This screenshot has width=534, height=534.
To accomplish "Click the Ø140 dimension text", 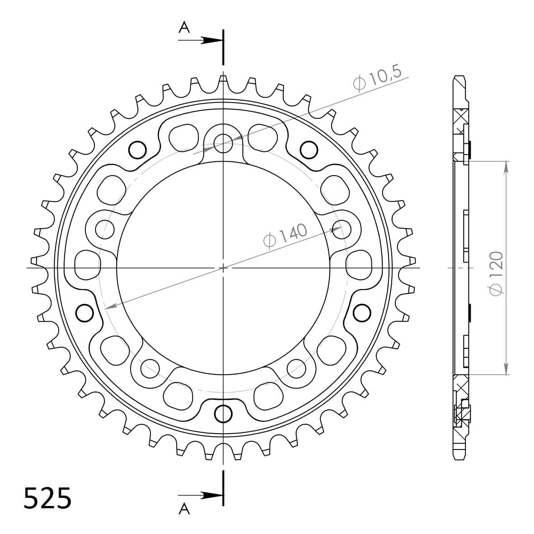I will click(285, 235).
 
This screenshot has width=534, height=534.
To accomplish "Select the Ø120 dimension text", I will click(497, 274).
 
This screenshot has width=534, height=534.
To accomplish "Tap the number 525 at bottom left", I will click(47, 498).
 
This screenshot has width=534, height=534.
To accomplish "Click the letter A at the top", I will click(184, 28).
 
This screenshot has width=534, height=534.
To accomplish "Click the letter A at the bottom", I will click(184, 509).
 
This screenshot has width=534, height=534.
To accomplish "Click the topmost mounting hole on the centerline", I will click(223, 144).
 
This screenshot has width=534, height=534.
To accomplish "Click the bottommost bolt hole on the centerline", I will click(223, 412).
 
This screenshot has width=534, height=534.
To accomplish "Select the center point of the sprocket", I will click(223, 268).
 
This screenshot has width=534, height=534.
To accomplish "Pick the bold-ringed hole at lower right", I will click(361, 312).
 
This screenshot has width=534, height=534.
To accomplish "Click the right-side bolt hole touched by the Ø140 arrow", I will click(342, 228).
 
